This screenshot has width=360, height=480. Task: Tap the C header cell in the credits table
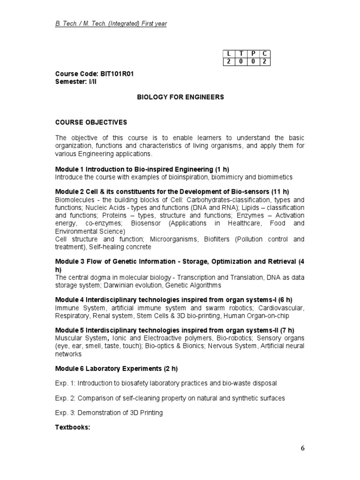pos(265,54)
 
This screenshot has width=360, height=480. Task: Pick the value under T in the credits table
pos(240,62)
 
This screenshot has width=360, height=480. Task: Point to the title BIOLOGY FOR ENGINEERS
pos(173,97)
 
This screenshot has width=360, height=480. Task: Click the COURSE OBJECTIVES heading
pos(91,122)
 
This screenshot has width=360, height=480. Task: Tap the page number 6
pos(303,448)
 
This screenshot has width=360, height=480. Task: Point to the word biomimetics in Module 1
pos(275,177)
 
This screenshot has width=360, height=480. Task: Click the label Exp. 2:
pos(65,398)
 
